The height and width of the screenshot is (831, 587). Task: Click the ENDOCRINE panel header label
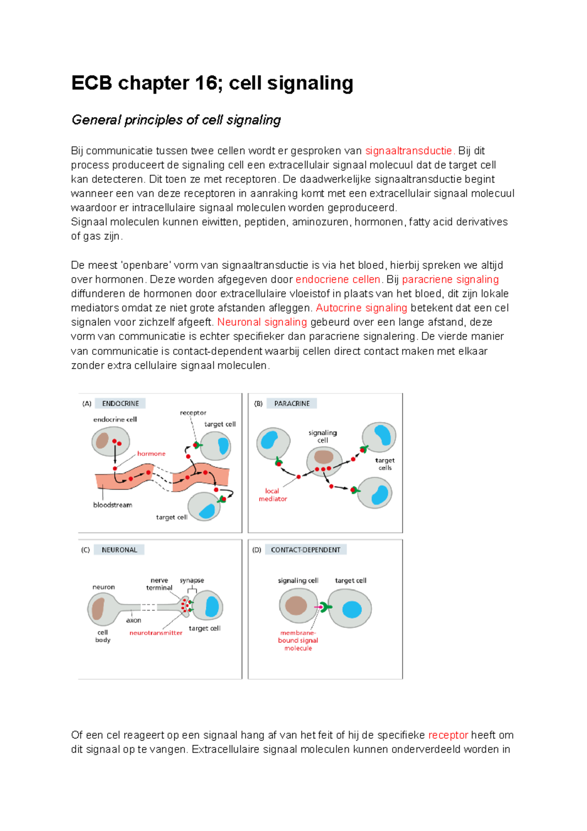click(x=120, y=403)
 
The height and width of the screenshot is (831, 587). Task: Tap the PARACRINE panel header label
click(x=292, y=403)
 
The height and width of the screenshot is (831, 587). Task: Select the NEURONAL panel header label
click(x=119, y=550)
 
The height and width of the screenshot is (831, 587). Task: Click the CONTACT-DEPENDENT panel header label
click(x=305, y=550)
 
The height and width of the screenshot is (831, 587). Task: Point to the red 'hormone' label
click(x=151, y=454)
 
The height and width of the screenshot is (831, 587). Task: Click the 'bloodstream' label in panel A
click(x=113, y=505)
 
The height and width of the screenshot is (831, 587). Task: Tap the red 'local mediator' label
click(x=272, y=495)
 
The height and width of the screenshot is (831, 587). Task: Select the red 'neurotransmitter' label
click(x=156, y=633)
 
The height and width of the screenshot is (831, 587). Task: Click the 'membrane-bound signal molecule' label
click(x=298, y=640)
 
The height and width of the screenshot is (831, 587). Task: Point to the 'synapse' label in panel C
click(x=192, y=580)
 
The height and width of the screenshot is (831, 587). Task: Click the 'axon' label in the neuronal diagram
click(x=134, y=620)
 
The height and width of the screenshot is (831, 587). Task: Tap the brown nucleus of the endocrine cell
click(x=102, y=440)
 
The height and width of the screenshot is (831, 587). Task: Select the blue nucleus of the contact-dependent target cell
click(x=352, y=609)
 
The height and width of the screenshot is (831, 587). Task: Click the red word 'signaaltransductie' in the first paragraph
click(x=409, y=151)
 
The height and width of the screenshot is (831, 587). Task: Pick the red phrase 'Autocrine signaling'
click(x=361, y=308)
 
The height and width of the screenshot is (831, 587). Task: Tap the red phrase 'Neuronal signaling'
click(x=262, y=322)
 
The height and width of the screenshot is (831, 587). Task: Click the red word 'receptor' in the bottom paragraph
click(x=448, y=735)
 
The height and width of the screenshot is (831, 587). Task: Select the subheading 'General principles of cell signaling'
click(x=176, y=120)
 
